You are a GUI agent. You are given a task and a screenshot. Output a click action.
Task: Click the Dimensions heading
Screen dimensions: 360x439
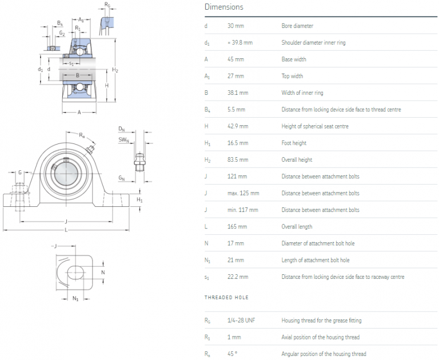coord(224,7)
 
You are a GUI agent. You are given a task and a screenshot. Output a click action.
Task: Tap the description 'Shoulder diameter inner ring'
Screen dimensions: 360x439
coord(313,43)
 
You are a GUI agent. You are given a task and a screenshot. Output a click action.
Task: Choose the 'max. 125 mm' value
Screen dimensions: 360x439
coord(243,193)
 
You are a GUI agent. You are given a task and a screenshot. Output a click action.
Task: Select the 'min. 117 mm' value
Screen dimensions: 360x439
coord(242,210)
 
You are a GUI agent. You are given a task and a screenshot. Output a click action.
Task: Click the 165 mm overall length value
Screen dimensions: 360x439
coord(237,226)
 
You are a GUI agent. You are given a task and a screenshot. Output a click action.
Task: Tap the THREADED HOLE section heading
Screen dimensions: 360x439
coord(226,298)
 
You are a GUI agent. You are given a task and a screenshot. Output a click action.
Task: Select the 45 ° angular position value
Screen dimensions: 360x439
coord(232,354)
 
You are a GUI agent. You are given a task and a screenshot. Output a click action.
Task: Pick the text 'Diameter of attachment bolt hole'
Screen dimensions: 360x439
coord(318,243)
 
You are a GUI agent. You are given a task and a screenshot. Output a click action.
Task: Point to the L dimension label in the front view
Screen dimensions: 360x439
coord(66,230)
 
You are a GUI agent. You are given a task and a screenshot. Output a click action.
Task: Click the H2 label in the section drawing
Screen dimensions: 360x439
coord(115,70)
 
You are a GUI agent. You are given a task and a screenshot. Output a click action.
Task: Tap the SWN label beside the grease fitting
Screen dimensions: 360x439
coord(123,139)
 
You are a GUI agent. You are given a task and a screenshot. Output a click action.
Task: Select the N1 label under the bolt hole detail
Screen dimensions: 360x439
coord(75,298)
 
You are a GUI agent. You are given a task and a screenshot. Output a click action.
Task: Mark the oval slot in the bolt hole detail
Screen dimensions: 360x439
coord(77,272)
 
